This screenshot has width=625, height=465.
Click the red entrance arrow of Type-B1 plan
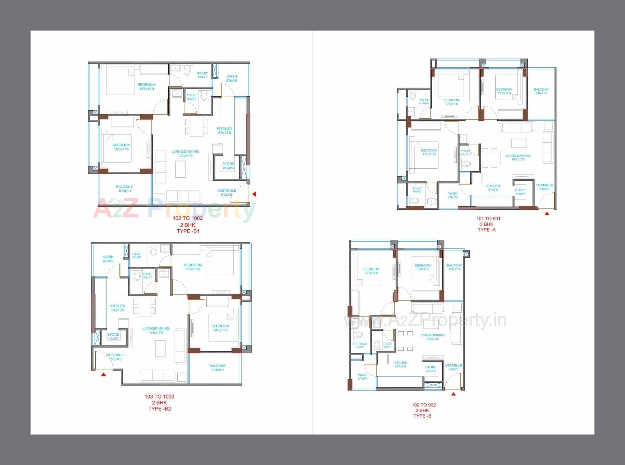(254, 194)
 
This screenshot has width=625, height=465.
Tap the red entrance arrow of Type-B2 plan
(104, 374)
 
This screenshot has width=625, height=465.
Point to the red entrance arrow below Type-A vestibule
(547, 214)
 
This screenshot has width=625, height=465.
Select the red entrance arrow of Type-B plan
(453, 394)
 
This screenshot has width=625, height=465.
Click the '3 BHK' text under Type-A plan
(486, 224)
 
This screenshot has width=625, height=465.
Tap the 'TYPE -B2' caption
(160, 409)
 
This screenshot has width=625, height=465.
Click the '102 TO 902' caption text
(424, 405)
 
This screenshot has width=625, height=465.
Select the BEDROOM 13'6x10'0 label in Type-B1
(146, 87)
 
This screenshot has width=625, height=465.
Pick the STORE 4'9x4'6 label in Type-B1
(228, 166)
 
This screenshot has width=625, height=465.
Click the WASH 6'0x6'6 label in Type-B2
(108, 259)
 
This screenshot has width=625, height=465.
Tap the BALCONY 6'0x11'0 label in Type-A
(541, 91)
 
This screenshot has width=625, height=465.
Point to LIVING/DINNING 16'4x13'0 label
(518, 158)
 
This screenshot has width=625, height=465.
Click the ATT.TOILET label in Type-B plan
(360, 345)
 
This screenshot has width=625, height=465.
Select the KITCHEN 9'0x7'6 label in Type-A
(493, 188)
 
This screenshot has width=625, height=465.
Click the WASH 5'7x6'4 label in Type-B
(362, 377)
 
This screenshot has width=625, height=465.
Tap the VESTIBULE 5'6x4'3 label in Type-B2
(116, 357)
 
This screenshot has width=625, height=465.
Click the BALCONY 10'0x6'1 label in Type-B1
(124, 189)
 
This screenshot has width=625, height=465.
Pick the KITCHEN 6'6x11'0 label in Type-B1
(225, 131)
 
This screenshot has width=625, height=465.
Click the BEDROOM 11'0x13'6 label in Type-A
(429, 152)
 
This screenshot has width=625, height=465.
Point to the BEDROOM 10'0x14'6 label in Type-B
(371, 271)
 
